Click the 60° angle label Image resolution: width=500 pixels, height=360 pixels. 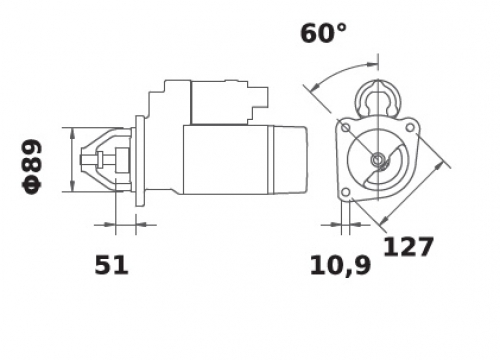tap(324, 33)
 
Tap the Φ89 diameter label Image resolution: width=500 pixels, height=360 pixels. tap(32, 167)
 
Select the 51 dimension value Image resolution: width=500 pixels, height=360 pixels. tap(111, 265)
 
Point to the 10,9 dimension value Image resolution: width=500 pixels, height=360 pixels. tap(340, 265)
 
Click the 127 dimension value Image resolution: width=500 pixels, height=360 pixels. tap(408, 247)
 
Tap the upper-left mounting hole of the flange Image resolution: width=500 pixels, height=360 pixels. tap(346, 128)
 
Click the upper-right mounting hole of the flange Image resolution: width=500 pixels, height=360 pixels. tap(410, 127)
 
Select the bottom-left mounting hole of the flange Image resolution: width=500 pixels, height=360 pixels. tap(346, 192)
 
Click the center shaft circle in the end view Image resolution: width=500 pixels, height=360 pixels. tap(378, 159)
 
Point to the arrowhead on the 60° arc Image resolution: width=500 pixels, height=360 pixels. tap(372, 64)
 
